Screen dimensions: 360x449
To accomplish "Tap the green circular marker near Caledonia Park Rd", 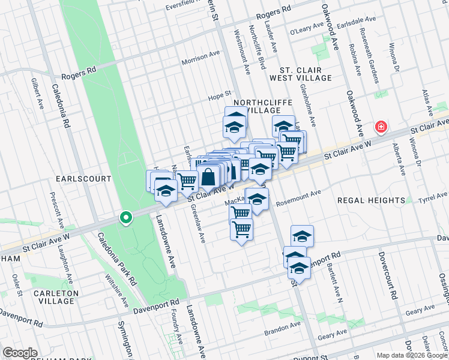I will click(x=125, y=218).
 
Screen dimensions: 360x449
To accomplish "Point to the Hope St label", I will click(x=219, y=94).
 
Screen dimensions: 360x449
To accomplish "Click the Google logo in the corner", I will click(x=20, y=353).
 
